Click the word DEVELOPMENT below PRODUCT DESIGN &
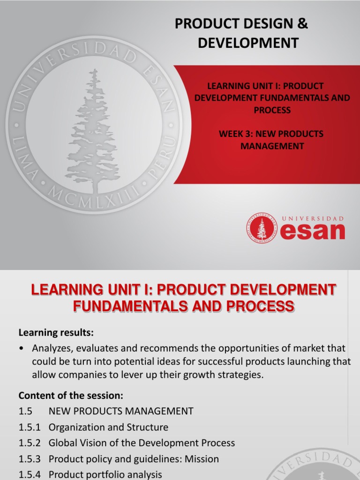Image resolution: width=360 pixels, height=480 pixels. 248,43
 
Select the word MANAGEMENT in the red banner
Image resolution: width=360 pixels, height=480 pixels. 272,146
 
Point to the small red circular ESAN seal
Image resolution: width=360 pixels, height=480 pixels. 262,228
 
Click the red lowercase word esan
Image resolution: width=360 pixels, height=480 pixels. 313,232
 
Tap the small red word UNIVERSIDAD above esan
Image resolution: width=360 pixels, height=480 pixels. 313,218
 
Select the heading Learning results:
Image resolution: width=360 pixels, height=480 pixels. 56,333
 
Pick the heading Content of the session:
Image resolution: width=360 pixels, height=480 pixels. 71,395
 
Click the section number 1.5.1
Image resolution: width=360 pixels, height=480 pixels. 30,427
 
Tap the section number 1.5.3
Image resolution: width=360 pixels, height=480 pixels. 30,459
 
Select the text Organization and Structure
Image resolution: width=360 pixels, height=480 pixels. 108,427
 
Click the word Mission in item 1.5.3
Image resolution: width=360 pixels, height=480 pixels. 202,459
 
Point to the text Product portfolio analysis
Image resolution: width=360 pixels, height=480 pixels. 105,474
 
